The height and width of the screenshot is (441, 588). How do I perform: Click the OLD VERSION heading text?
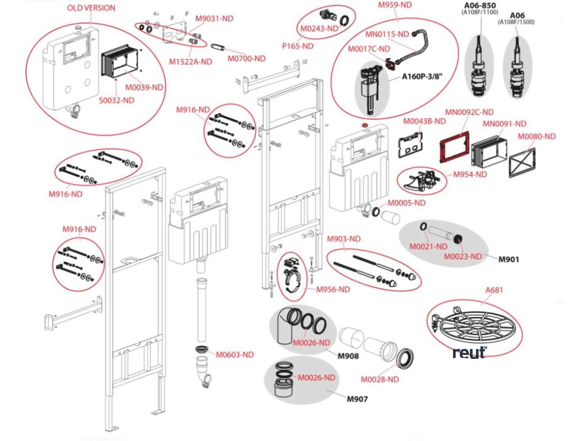(x=91, y=8)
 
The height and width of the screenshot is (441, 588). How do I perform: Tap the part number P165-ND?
(x=297, y=46)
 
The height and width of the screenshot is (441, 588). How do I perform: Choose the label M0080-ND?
(x=537, y=136)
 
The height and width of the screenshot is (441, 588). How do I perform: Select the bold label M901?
(x=508, y=259)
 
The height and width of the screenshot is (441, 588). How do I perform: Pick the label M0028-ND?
(x=380, y=379)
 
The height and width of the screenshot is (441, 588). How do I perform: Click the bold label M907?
(x=357, y=399)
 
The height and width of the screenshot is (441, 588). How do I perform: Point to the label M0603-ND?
(x=234, y=354)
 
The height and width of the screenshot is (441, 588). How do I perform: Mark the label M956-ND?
(x=333, y=289)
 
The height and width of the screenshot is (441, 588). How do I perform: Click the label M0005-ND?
(x=406, y=203)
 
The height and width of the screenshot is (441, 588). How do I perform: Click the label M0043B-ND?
(x=424, y=121)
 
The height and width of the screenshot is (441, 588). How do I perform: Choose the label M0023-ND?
(x=462, y=256)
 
